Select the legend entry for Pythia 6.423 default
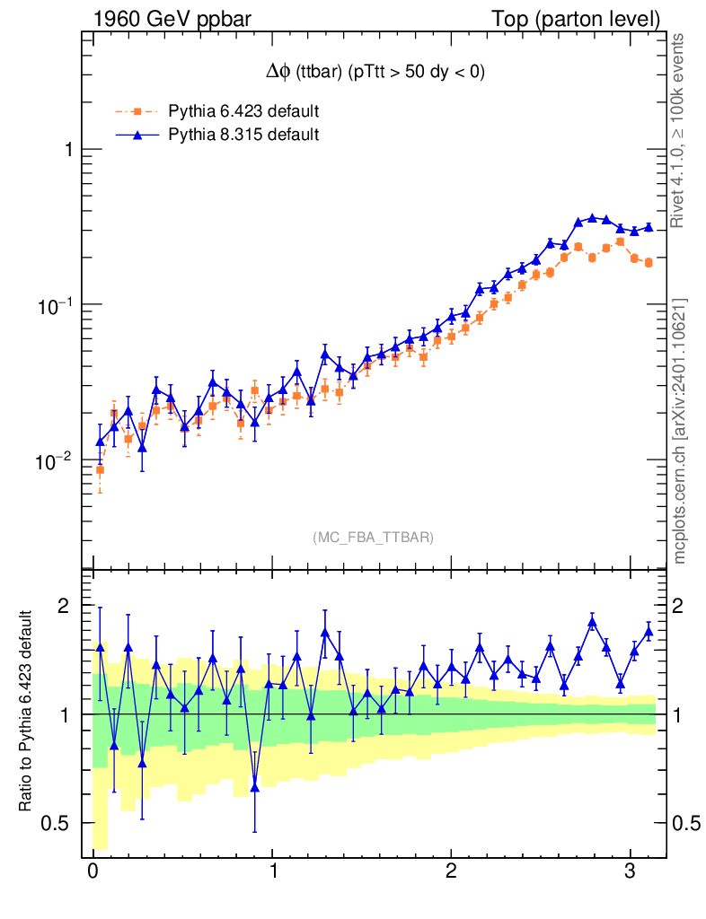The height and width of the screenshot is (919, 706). pos(243,112)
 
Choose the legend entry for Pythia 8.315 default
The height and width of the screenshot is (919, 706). pos(243,135)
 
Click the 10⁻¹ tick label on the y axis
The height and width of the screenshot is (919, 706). pos(56,304)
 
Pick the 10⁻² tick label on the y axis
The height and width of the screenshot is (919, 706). pos(56,460)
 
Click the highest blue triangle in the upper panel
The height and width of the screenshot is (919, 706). pos(592,217)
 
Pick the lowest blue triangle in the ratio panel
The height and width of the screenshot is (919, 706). pos(255,787)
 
